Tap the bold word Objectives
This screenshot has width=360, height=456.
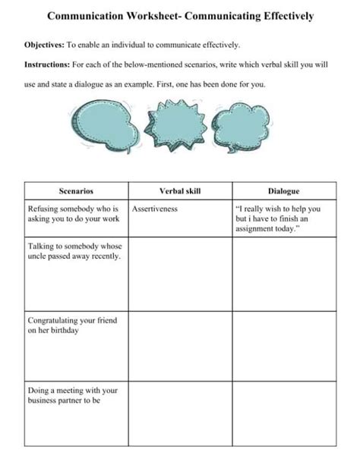tap(46, 46)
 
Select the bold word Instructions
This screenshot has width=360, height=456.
tap(48, 65)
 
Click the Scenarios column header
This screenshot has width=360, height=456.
tap(76, 191)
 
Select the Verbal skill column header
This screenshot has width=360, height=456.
tap(180, 191)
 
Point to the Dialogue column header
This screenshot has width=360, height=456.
tap(283, 191)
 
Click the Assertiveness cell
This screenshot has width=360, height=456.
tap(155, 208)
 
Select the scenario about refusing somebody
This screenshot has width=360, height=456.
tap(74, 213)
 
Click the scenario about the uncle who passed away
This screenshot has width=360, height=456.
tap(74, 252)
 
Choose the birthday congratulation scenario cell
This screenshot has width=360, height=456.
tap(72, 326)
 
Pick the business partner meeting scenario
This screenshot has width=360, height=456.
tap(72, 395)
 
